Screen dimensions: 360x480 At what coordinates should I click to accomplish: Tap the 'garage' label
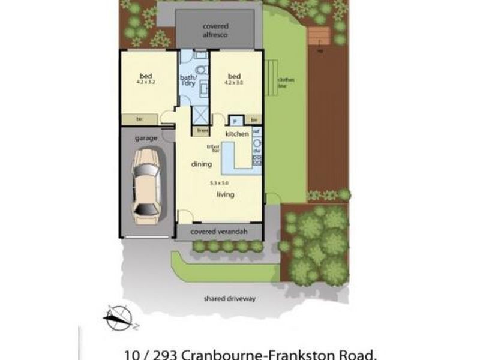point(146,138)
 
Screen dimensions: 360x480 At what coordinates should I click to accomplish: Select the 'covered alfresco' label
point(220,31)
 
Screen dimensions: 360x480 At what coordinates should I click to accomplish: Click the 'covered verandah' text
point(219,232)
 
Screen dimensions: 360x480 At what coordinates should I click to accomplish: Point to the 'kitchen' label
point(236,134)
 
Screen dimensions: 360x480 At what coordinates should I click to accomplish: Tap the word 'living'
point(226,194)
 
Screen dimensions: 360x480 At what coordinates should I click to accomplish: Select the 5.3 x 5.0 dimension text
point(219,182)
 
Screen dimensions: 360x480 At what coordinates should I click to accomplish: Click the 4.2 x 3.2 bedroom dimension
point(146,82)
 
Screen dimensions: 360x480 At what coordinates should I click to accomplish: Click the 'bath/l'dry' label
point(188,80)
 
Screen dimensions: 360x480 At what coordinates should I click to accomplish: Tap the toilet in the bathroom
point(201,70)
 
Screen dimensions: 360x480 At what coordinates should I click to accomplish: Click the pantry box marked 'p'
point(235,119)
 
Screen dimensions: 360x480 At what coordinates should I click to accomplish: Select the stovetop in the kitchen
point(257,160)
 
